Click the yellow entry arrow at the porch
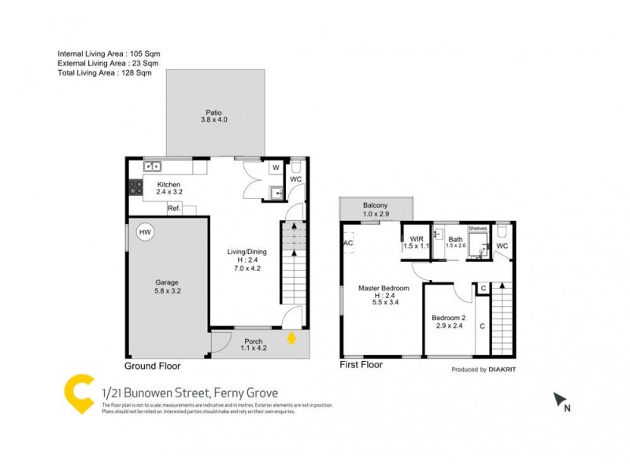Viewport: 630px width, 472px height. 292,339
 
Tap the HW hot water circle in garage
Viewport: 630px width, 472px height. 145,233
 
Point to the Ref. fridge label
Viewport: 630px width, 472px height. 174,208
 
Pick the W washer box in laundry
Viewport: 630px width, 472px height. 276,168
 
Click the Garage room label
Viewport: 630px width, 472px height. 166,282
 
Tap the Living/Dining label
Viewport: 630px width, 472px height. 243,251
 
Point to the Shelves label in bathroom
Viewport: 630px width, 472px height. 477,229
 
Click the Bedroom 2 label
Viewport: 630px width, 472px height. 447,318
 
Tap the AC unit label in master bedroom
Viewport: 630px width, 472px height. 347,243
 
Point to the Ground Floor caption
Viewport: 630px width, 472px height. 153,367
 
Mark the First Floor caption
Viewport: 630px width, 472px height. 361,365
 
